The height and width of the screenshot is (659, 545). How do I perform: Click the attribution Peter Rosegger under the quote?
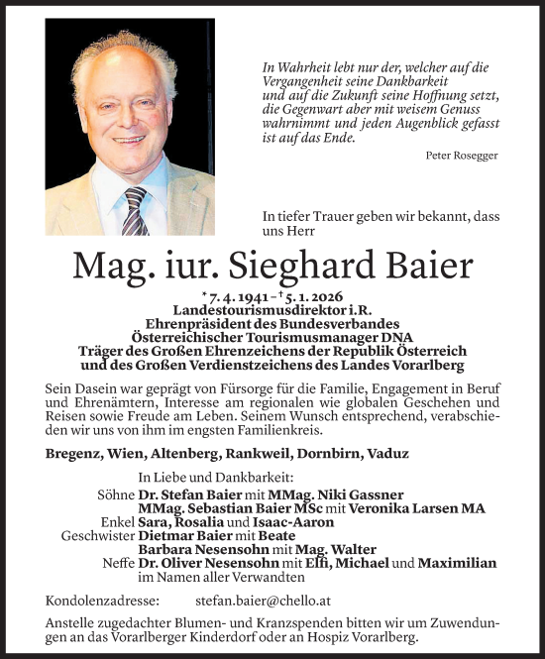[x=461, y=156]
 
